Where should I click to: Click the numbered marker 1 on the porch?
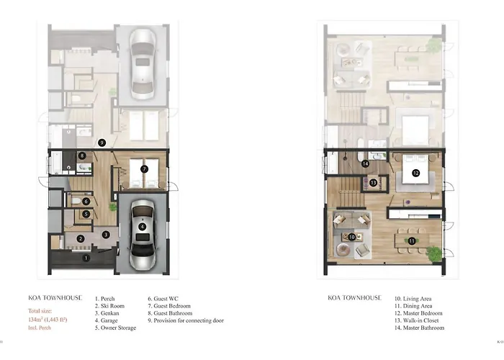point(86,258)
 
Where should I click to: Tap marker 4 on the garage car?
point(142,227)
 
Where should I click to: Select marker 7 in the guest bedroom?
point(144,168)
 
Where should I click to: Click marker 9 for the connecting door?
point(102,143)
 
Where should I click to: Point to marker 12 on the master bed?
point(415,173)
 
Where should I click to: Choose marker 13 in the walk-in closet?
point(373,183)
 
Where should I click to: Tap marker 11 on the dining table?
point(412,240)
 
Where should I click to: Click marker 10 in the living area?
point(352,237)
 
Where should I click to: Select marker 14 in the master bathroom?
point(365,163)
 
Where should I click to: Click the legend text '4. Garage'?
point(107,320)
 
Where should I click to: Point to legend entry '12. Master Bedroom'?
point(418,313)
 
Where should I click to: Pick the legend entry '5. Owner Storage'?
point(115,328)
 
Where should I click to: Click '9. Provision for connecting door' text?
point(186,320)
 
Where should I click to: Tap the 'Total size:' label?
point(40,311)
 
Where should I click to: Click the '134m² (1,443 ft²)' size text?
point(48,320)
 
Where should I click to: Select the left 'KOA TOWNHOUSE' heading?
point(55,297)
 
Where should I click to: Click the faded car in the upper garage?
point(143,64)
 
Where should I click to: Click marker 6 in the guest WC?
point(86,202)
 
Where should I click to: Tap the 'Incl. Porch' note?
point(40,328)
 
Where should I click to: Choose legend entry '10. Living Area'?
point(413,299)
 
